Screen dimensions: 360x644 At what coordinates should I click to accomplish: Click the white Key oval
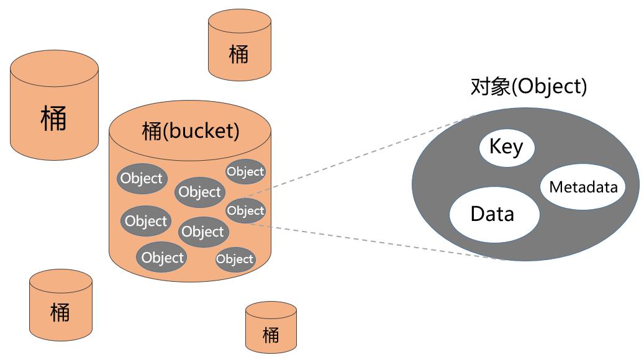pyautogui.click(x=506, y=147)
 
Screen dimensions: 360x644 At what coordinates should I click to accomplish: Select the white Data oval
pyautogui.click(x=494, y=214)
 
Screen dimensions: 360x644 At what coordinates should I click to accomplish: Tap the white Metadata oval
pyautogui.click(x=583, y=187)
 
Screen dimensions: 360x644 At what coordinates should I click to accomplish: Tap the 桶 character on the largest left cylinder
pyautogui.click(x=54, y=117)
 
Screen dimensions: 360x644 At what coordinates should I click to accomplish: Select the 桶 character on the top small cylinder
pyautogui.click(x=238, y=54)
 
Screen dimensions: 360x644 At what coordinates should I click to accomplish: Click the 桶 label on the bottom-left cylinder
pyautogui.click(x=60, y=311)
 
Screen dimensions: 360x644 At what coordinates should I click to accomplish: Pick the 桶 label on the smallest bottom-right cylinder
pyautogui.click(x=271, y=335)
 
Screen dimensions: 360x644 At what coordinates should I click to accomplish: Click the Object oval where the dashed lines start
pyautogui.click(x=245, y=211)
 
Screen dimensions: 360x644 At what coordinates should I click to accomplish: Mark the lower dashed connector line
pyautogui.click(x=373, y=241)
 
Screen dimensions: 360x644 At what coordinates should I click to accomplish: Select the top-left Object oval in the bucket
pyautogui.click(x=141, y=179)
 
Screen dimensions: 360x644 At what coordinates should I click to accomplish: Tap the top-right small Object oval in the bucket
pyautogui.click(x=245, y=171)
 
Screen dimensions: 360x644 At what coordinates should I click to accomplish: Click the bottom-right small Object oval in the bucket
pyautogui.click(x=235, y=259)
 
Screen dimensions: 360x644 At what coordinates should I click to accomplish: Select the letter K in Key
pyautogui.click(x=495, y=147)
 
